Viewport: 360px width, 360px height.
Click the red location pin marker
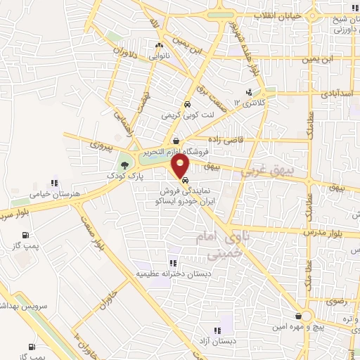(181, 167)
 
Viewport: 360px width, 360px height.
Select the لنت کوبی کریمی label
(181, 114)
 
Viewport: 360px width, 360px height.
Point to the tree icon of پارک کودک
(124, 164)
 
